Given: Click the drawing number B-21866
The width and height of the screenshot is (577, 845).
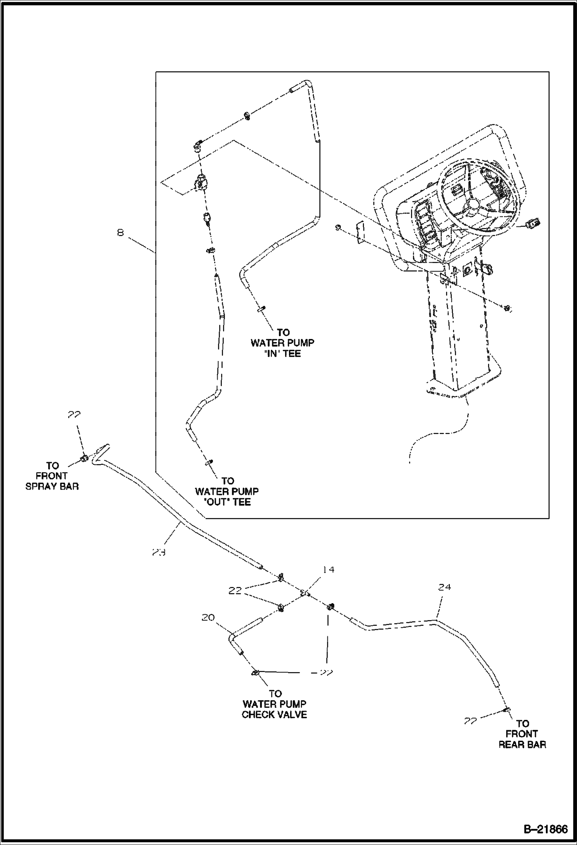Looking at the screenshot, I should (x=545, y=828).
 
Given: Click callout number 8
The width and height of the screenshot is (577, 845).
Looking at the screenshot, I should (x=121, y=233).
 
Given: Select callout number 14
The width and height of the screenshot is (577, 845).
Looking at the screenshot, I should (x=328, y=570).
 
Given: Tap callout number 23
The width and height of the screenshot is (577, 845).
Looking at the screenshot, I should (x=158, y=552).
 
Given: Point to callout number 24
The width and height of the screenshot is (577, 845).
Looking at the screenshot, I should (x=444, y=587).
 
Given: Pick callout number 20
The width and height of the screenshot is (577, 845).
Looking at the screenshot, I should (x=208, y=618).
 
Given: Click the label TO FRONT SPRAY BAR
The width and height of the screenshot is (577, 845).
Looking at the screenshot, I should (x=52, y=476).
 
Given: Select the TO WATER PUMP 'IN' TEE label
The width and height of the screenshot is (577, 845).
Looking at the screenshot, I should (x=283, y=343).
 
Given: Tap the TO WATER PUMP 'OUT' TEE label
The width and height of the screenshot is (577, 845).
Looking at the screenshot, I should (x=227, y=491).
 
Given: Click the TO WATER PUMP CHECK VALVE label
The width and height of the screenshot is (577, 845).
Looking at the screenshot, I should (x=275, y=704).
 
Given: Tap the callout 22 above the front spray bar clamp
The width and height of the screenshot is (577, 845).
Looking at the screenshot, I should (x=74, y=415).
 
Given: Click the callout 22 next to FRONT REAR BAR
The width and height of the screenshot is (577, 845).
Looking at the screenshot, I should (x=470, y=721).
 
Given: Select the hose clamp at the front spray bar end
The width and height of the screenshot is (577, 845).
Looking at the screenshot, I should (x=84, y=458).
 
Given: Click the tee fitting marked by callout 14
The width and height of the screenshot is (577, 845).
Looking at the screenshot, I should (x=304, y=593).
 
